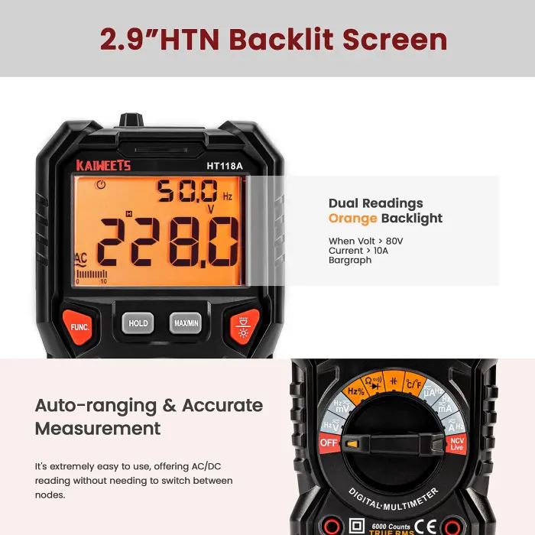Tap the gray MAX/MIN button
pyautogui.click(x=185, y=323)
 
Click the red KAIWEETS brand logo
pyautogui.click(x=103, y=165)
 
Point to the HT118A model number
pyautogui.click(x=224, y=165)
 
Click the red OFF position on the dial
pyautogui.click(x=329, y=443)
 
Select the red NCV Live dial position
pyautogui.click(x=456, y=443)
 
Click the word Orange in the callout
pyautogui.click(x=352, y=219)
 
